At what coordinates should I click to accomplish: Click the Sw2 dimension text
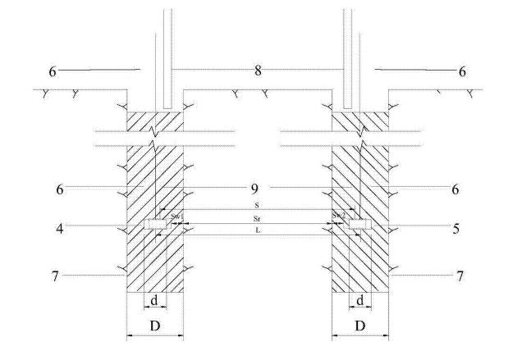pos(338,215)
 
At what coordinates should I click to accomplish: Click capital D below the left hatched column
pos(154,326)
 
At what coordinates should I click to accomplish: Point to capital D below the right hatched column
pos(360,326)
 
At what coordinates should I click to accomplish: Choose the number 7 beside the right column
pos(459,276)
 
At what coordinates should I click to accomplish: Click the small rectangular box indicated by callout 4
pos(155,224)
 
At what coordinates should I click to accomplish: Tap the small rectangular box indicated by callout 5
pos(359,224)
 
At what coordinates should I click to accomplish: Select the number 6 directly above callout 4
pos(60,189)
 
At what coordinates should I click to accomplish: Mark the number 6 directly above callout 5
pos(455,189)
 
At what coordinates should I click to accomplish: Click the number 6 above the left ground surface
pos(53,71)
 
